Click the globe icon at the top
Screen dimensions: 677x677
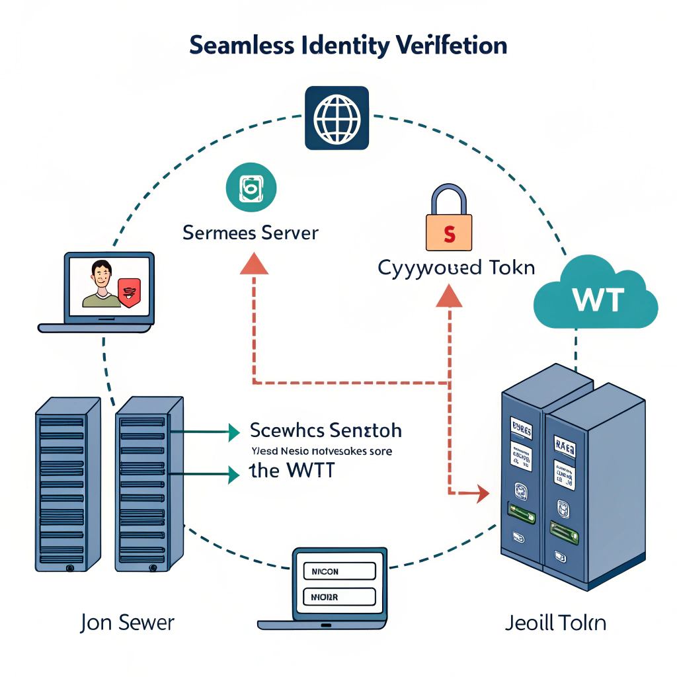[x=336, y=118]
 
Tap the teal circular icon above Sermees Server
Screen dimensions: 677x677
[x=251, y=188]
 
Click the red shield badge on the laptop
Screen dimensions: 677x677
[x=129, y=292]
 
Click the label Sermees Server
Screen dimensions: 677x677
[x=251, y=233]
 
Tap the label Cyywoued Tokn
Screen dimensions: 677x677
[x=456, y=268]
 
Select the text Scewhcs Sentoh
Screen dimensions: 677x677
[x=325, y=430]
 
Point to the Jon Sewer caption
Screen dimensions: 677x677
[x=128, y=622]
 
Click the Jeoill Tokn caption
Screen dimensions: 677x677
[x=555, y=623]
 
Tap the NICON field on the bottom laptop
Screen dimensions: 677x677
[x=338, y=571]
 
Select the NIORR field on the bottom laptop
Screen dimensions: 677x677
[x=338, y=597]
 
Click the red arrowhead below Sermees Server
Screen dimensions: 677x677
[x=254, y=264]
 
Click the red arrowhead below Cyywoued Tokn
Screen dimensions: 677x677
[x=449, y=298]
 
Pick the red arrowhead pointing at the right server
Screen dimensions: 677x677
[x=481, y=493]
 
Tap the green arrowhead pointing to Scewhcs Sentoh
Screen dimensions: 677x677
[x=233, y=432]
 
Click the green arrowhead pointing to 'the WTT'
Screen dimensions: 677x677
[x=233, y=473]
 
